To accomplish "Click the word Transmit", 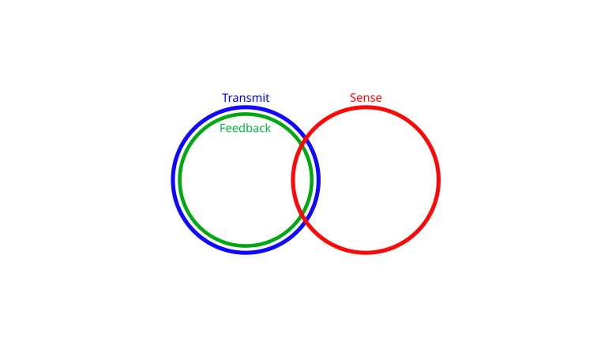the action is (246, 98).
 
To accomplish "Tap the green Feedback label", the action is (245, 128).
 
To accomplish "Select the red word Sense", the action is (366, 98).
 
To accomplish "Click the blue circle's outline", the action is (173, 180).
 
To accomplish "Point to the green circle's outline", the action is (180, 180).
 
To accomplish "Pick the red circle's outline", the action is (439, 180).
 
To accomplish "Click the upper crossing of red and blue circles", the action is (306, 139).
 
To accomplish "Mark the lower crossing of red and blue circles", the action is (306, 221).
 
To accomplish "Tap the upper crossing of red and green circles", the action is (301, 145).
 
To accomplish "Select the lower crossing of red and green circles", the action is (301, 215).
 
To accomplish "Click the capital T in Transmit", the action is (225, 98).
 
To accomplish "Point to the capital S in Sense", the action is (353, 98).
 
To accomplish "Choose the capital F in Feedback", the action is (223, 129).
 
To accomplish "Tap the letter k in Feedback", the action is (268, 128).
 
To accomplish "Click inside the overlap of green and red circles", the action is (302, 180).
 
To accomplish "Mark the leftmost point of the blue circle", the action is (172, 180).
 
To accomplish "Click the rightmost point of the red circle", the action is (440, 180).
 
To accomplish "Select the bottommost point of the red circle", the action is (366, 253).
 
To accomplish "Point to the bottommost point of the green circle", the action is (246, 246).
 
